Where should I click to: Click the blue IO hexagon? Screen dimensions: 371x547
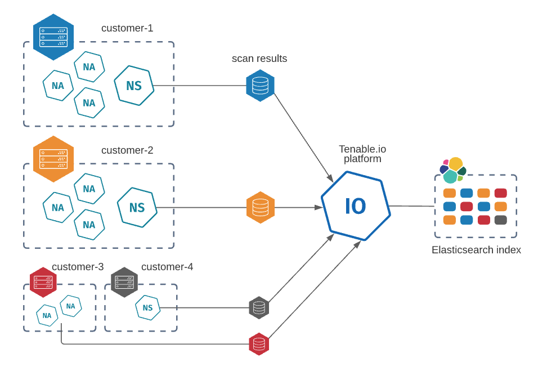pyautogui.click(x=356, y=206)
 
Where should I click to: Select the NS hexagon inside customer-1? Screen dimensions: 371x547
pyautogui.click(x=134, y=86)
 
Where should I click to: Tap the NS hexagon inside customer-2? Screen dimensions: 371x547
pyautogui.click(x=137, y=207)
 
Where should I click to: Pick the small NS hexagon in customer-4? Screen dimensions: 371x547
pyautogui.click(x=147, y=307)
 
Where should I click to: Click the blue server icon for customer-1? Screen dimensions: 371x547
pyautogui.click(x=53, y=37)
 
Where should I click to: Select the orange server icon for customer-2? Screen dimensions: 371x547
pyautogui.click(x=53, y=159)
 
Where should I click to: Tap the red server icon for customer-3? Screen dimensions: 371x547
pyautogui.click(x=43, y=282)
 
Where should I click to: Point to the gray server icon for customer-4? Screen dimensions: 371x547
pyautogui.click(x=124, y=282)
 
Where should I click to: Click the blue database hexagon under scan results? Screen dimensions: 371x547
pyautogui.click(x=260, y=86)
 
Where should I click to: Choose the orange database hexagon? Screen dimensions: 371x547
pyautogui.click(x=260, y=207)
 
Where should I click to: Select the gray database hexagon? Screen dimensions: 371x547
pyautogui.click(x=259, y=307)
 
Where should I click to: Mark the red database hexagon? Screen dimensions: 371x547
pyautogui.click(x=259, y=344)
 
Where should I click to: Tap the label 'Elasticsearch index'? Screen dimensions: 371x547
pyautogui.click(x=476, y=250)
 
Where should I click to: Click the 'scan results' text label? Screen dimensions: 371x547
pyautogui.click(x=259, y=59)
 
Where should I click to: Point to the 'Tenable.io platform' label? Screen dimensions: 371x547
pyautogui.click(x=362, y=154)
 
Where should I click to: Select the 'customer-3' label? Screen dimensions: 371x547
pyautogui.click(x=78, y=267)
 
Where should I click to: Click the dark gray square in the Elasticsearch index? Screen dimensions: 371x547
pyautogui.click(x=500, y=220)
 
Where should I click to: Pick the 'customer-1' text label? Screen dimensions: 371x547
pyautogui.click(x=127, y=28)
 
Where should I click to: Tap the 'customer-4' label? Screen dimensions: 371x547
pyautogui.click(x=167, y=267)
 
